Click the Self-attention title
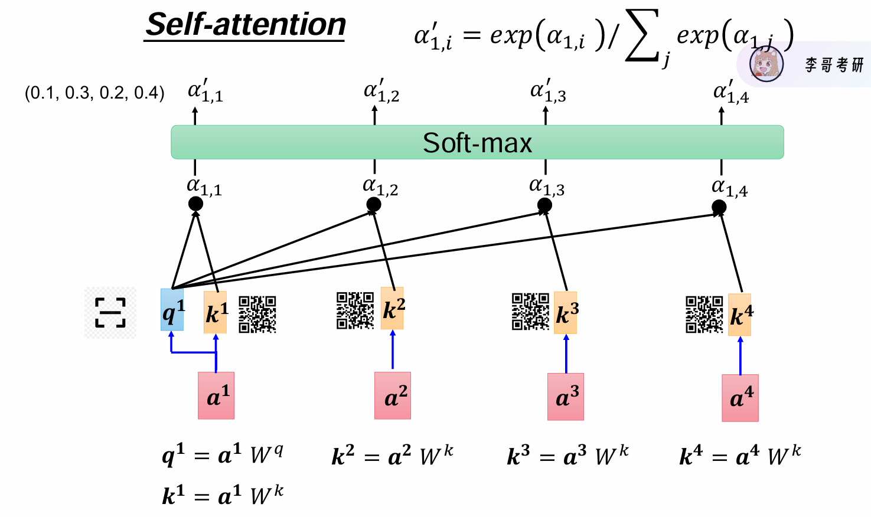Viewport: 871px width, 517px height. pos(245,25)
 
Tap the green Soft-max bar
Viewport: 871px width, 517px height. pos(477,142)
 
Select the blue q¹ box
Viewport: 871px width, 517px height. pos(172,310)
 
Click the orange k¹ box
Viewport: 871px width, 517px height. pos(216,312)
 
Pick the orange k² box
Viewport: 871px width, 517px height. pos(393,308)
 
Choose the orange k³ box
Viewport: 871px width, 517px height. pos(566,313)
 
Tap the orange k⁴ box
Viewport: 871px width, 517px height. pos(740,315)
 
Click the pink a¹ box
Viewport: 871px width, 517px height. pos(216,395)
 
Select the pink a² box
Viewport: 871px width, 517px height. pos(393,395)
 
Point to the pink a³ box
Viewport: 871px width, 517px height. pos(566,397)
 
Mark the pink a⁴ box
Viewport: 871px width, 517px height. pos(740,398)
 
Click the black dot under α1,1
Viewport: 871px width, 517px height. pos(195,204)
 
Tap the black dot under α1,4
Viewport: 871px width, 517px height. pos(719,207)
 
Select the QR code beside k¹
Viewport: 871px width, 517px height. pos(257,315)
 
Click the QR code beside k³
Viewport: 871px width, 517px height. pos(530,312)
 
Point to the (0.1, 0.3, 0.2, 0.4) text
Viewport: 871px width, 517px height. pos(94,93)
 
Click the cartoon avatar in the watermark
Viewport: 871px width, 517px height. pos(766,64)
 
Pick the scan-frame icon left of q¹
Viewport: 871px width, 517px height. pos(110,313)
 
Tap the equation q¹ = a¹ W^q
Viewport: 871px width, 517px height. pos(223,456)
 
